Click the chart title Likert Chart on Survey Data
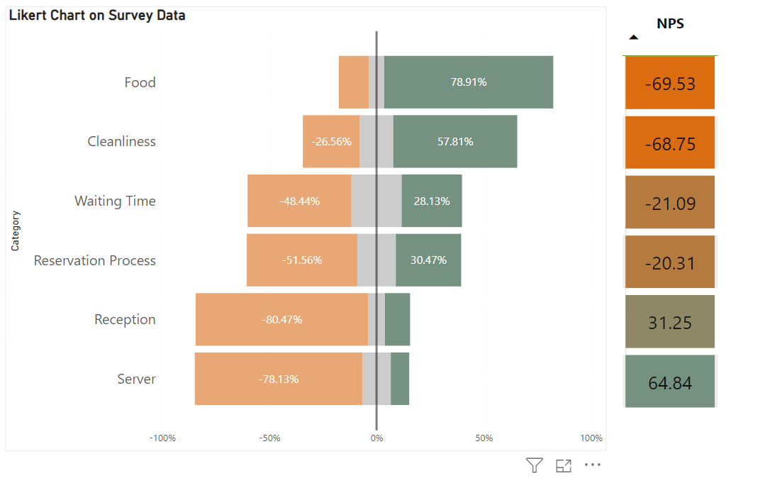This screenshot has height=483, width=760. tap(97, 15)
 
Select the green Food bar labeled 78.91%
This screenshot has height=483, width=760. tap(468, 82)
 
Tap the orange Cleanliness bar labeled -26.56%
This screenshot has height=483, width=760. tap(331, 142)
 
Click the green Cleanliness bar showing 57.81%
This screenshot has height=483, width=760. tap(455, 142)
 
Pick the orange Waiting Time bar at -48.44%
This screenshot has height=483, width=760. tap(299, 201)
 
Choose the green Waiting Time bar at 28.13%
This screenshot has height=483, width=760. tap(432, 201)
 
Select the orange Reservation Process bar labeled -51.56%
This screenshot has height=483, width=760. tap(302, 260)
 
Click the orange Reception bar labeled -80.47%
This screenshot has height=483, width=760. tap(282, 320)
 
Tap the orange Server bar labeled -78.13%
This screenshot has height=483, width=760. tap(279, 379)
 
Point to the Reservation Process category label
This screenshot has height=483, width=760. tap(95, 260)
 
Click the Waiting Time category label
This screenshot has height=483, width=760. tap(115, 201)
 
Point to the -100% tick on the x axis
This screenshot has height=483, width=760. tap(162, 438)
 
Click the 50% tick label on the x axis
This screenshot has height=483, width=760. tap(484, 438)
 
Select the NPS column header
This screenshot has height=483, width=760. tap(670, 23)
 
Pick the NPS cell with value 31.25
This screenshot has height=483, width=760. tap(670, 323)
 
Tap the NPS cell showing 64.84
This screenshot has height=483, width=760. tap(670, 383)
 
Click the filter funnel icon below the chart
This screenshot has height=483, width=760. tap(535, 465)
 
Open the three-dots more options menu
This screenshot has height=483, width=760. tap(593, 465)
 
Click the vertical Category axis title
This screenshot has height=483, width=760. tap(15, 231)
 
